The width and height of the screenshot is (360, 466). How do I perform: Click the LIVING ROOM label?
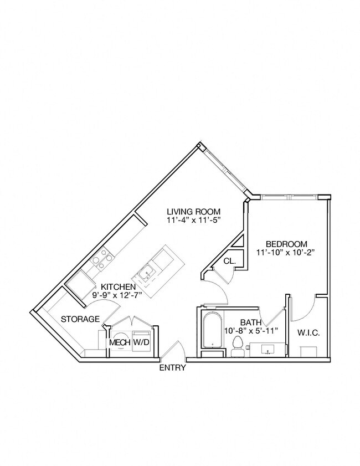pyautogui.click(x=194, y=211)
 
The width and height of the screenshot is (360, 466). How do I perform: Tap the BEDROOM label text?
pyautogui.click(x=286, y=244)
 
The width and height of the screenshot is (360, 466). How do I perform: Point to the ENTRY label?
pyautogui.click(x=172, y=368)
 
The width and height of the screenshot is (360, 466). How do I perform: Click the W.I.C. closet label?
pyautogui.click(x=308, y=333)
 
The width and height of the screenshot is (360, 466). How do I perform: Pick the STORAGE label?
pyautogui.click(x=80, y=319)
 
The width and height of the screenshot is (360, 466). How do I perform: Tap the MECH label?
pyautogui.click(x=119, y=343)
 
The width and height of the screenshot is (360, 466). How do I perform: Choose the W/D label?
pyautogui.click(x=142, y=343)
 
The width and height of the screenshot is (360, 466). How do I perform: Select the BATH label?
pyautogui.click(x=250, y=322)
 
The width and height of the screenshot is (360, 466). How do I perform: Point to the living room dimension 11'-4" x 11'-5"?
pyautogui.click(x=194, y=220)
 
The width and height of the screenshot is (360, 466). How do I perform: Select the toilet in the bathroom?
pyautogui.click(x=239, y=344)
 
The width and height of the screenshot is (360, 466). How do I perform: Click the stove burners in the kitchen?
pyautogui.click(x=102, y=258)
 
